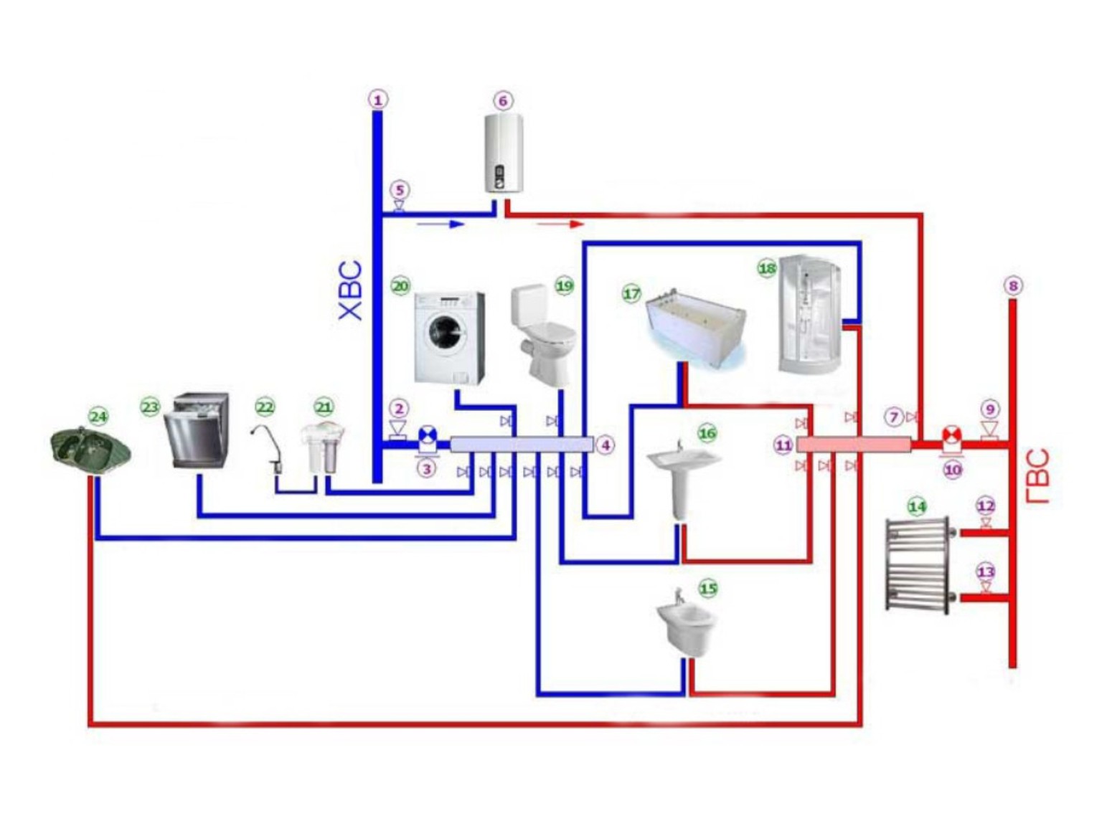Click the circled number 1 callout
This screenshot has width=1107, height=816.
tap(378, 100)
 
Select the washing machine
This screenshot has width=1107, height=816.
tap(448, 338)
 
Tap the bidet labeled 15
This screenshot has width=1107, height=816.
tap(687, 624)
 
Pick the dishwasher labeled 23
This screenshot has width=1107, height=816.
tap(196, 430)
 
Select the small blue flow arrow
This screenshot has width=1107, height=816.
tap(441, 224)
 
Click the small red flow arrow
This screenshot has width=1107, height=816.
tap(560, 224)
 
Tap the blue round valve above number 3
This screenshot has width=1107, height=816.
tap(427, 436)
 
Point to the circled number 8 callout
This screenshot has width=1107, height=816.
tap(1013, 285)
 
